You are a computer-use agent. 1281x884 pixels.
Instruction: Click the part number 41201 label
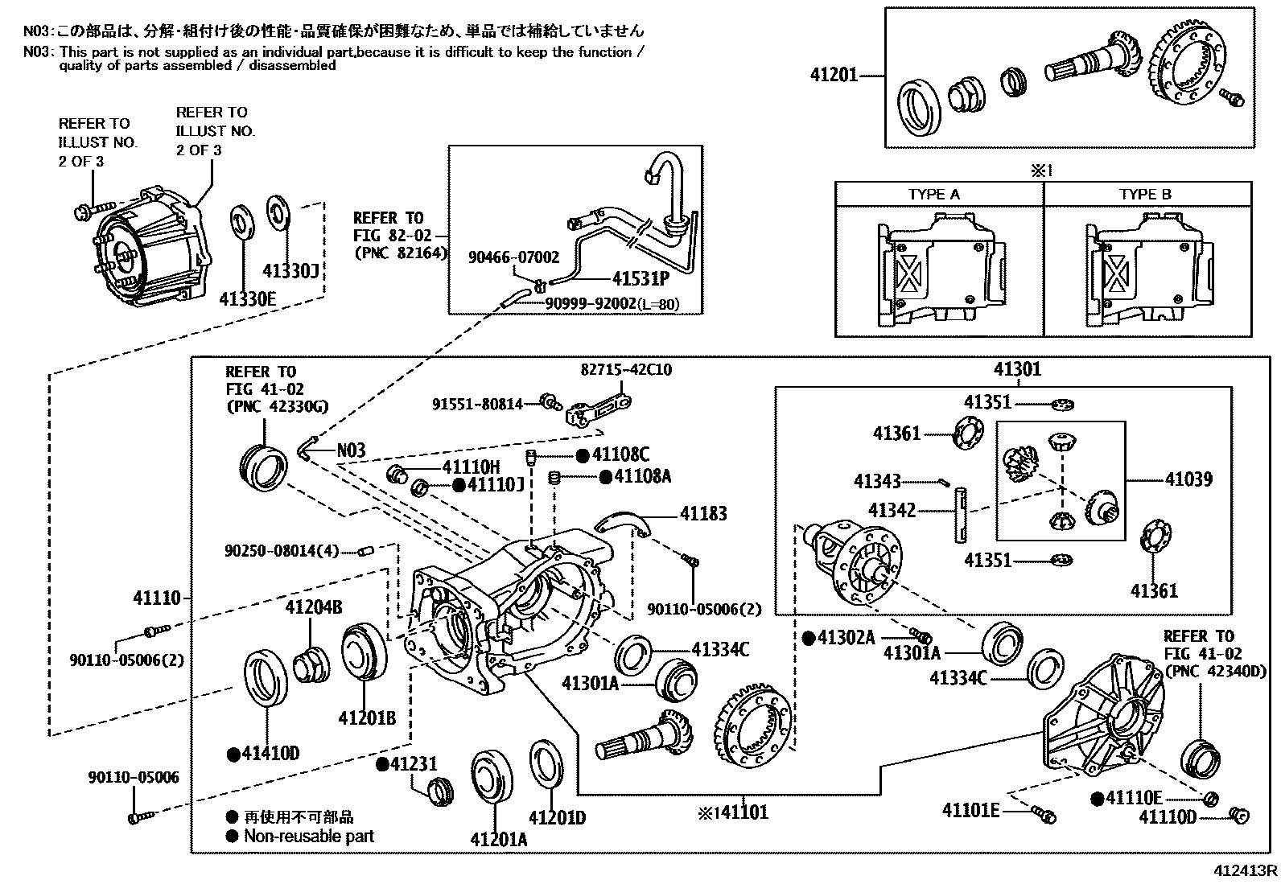pos(834,76)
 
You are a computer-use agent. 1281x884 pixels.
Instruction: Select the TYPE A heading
pos(933,195)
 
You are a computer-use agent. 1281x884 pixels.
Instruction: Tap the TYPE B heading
pos(1145,195)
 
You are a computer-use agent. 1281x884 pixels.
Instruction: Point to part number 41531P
pos(640,278)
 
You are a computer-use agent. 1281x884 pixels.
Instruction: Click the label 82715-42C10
pos(626,371)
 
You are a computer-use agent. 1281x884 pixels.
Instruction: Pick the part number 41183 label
pos(703,513)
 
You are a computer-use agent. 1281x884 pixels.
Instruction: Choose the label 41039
pos(1188,479)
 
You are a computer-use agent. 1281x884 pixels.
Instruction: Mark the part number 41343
pos(877,482)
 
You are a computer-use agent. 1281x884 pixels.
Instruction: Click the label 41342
pos(892,510)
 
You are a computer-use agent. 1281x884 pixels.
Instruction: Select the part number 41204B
pos(313,608)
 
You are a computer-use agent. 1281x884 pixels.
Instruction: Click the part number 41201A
pos(499,840)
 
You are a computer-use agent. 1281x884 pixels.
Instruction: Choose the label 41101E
pos(970,810)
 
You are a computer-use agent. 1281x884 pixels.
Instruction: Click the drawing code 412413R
pos(1246,871)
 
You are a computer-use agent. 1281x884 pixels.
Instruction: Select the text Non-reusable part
pos(309,837)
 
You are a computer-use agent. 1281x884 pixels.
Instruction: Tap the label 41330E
pos(247,299)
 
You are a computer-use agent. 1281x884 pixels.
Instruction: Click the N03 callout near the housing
pos(351,450)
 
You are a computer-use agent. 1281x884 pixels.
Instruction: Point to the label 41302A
pos(846,638)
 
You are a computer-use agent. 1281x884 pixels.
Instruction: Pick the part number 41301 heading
pos(1017,369)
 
